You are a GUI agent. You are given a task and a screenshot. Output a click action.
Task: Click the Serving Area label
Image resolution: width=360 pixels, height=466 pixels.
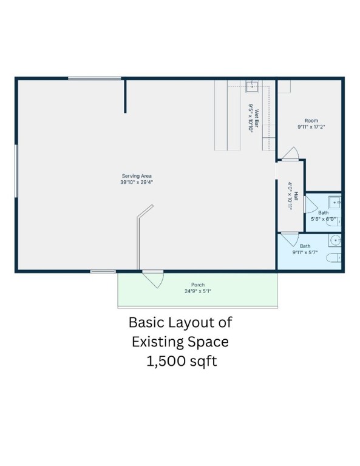pos(136,176)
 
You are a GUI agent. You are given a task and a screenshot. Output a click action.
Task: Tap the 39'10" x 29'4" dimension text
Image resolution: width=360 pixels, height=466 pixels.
pos(136,181)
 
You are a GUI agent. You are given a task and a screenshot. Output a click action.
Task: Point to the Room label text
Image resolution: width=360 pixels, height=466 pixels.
pos(311,121)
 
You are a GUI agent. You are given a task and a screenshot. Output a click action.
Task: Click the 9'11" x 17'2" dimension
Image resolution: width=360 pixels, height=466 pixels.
pos(311,127)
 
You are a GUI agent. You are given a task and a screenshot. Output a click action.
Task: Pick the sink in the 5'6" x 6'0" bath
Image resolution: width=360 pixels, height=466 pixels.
pos(334,202)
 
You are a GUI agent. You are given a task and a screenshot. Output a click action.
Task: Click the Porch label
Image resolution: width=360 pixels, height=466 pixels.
pos(197,285)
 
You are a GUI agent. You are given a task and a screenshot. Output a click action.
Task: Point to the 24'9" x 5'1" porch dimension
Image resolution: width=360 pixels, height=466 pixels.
pos(197,291)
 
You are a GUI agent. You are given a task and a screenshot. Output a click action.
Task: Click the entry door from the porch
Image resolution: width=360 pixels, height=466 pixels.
pos(153,279)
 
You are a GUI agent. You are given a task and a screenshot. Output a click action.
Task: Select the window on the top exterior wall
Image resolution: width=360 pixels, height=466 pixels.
pos(94,78)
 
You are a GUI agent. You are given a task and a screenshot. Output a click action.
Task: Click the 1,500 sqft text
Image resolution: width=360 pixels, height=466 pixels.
pos(180,362)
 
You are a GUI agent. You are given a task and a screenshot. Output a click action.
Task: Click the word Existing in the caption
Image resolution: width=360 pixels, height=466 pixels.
pos(160,342)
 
